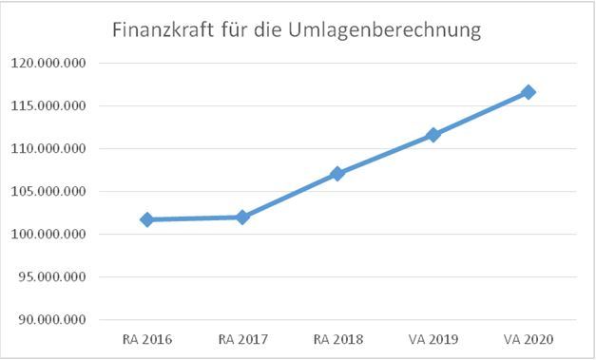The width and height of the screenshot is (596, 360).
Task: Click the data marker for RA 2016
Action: click(x=147, y=219)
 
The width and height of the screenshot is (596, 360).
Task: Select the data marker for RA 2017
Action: click(x=242, y=217)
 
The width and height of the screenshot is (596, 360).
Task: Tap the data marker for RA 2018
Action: click(x=337, y=174)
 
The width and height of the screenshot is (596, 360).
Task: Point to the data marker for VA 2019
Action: click(x=433, y=135)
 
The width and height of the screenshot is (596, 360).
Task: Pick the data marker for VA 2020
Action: click(x=529, y=92)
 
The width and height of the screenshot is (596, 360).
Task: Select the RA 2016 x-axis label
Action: click(x=147, y=339)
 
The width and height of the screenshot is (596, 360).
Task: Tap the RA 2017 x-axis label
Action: click(x=242, y=339)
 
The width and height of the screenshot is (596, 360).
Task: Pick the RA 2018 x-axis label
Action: click(x=337, y=339)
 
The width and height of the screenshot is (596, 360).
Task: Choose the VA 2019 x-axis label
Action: click(x=433, y=339)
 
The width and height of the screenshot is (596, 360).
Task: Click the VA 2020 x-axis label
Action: click(x=529, y=339)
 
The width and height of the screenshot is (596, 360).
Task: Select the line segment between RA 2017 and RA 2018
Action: click(x=290, y=196)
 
